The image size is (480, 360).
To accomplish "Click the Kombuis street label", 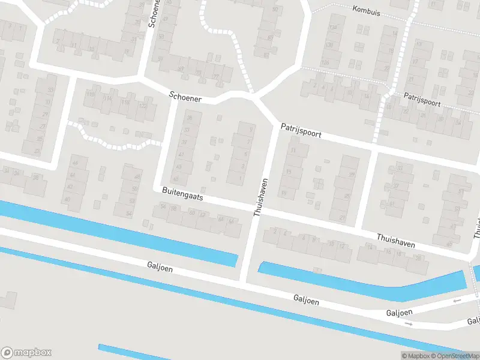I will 367,10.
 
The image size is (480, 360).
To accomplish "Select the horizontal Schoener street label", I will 185,96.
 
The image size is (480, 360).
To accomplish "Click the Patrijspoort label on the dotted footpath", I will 422,99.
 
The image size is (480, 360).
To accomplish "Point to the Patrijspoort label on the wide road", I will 301,131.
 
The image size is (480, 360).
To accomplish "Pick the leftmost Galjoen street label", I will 160,268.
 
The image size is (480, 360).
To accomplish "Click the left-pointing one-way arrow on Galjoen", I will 458,301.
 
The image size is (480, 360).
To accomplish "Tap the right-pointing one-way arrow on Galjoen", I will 409,324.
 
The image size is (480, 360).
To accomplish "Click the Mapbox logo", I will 26,353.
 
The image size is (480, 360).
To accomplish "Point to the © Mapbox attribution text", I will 415,356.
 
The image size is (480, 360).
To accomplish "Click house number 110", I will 91,95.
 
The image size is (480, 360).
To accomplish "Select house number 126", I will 326,62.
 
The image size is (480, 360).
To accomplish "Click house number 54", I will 128,214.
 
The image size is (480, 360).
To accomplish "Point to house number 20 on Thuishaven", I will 418,257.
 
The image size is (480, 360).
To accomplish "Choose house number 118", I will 125,102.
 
